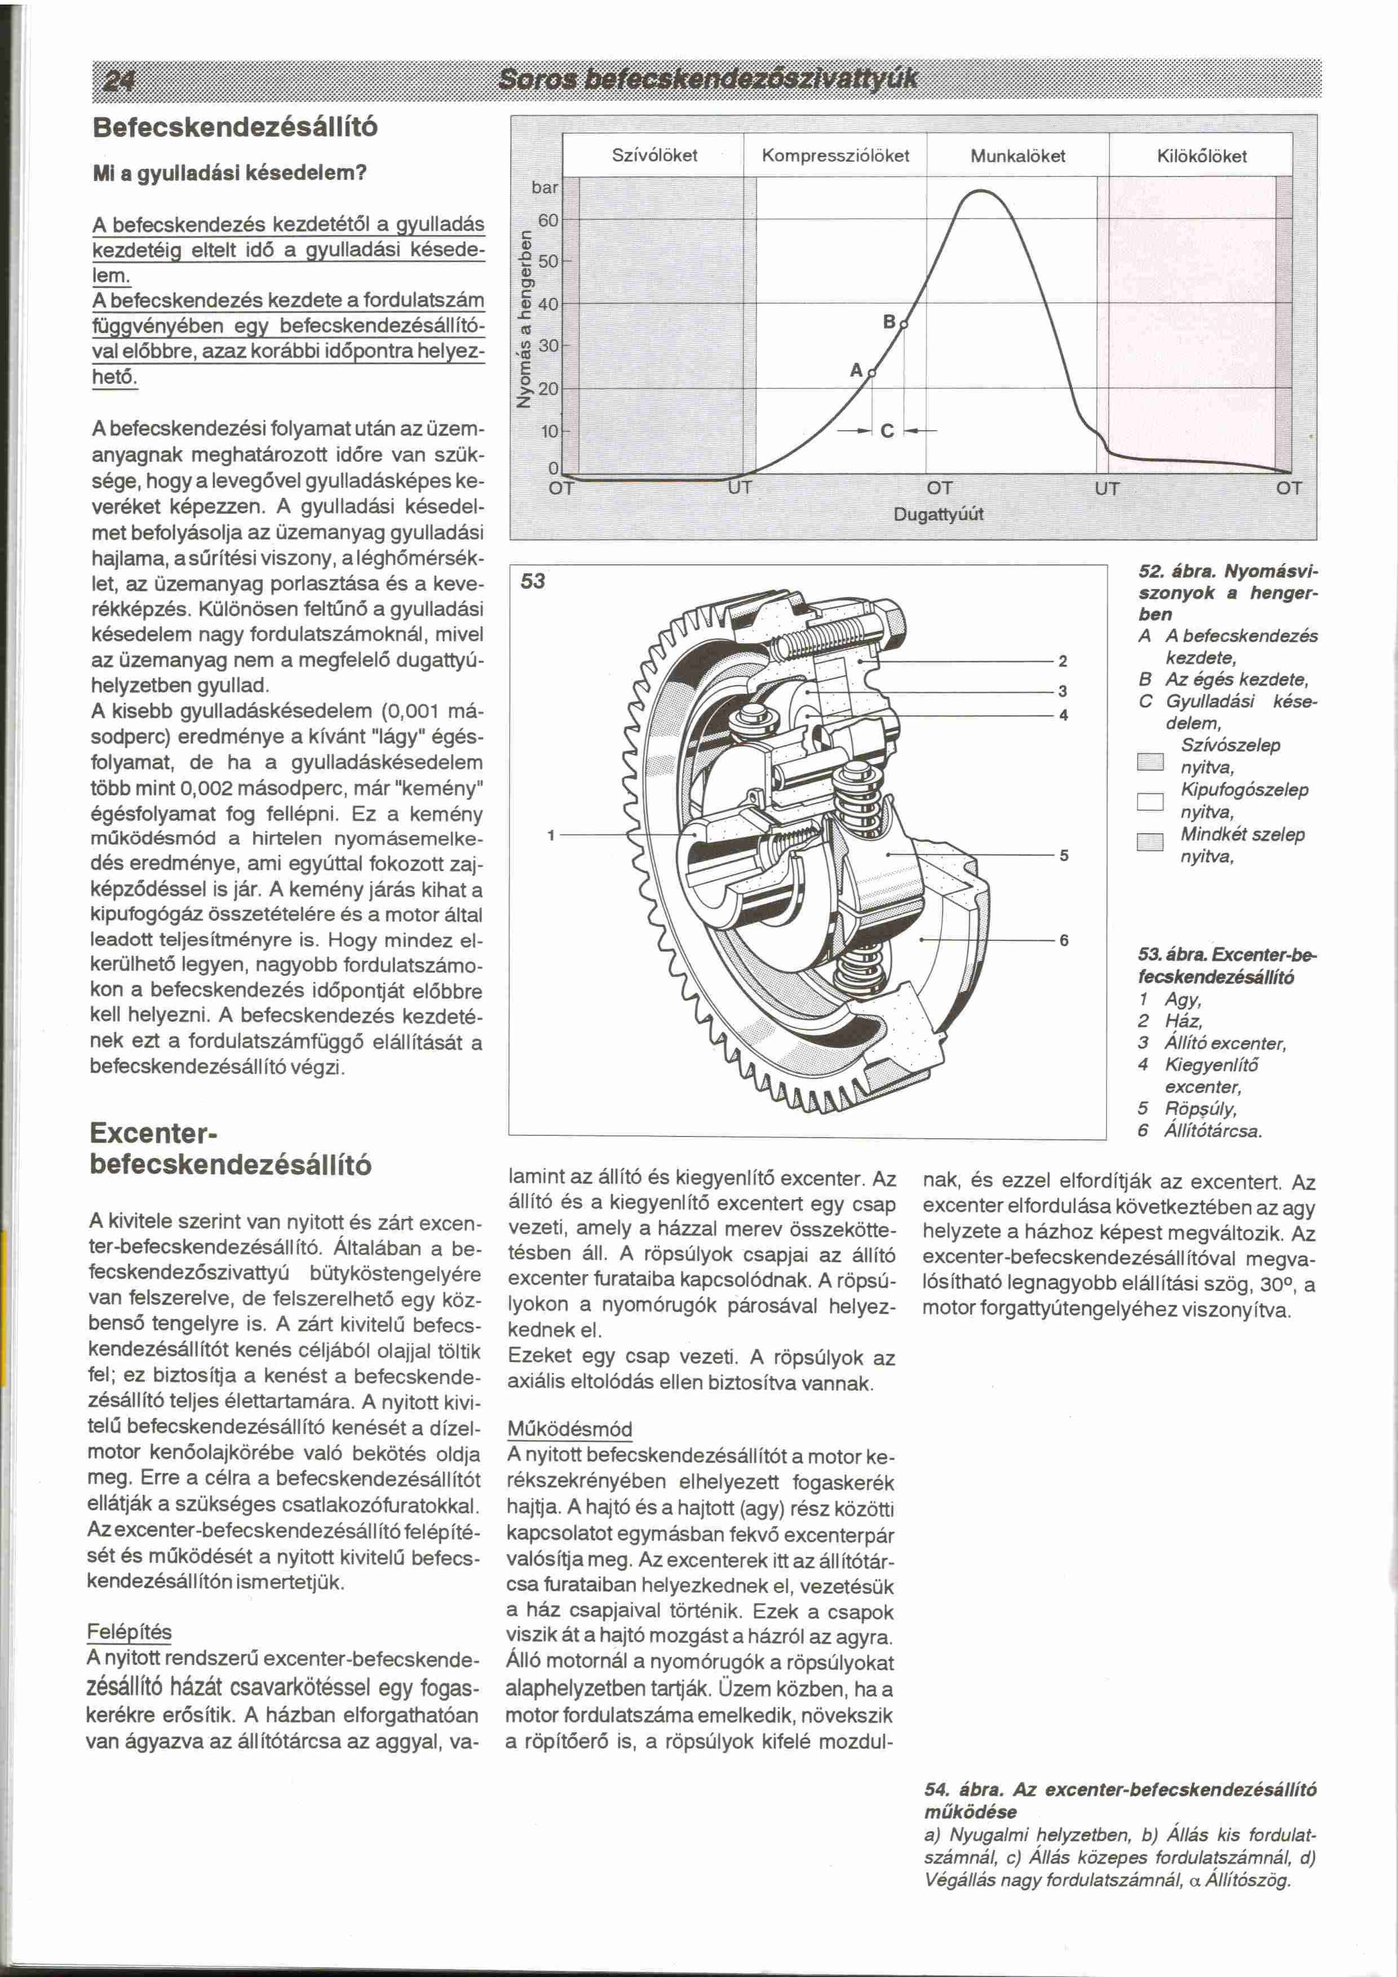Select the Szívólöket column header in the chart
pyautogui.click(x=654, y=156)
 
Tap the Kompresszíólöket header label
pyautogui.click(x=835, y=156)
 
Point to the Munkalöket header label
pyautogui.click(x=1017, y=156)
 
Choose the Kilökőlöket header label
pyautogui.click(x=1202, y=156)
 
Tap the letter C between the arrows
pyautogui.click(x=887, y=431)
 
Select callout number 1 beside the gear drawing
pyautogui.click(x=552, y=834)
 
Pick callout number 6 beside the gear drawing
pyautogui.click(x=1064, y=940)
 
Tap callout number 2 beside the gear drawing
pyautogui.click(x=1063, y=661)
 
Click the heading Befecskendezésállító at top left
pyautogui.click(x=234, y=127)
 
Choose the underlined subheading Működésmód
pyautogui.click(x=570, y=1430)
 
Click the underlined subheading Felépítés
pyautogui.click(x=130, y=1633)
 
